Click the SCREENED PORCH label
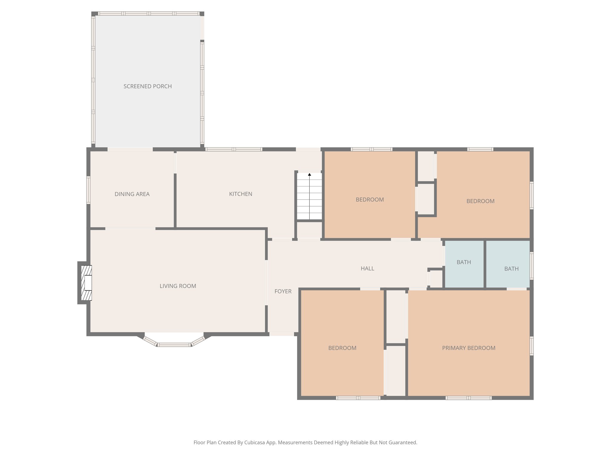147,86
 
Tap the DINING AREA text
132,194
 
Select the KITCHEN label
240,194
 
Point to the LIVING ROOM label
178,286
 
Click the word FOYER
283,291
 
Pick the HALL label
367,269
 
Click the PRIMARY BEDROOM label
468,348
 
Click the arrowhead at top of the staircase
309,174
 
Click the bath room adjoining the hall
464,262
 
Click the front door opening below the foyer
282,334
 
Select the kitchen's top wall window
234,149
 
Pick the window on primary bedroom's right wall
531,346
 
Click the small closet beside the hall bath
436,279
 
